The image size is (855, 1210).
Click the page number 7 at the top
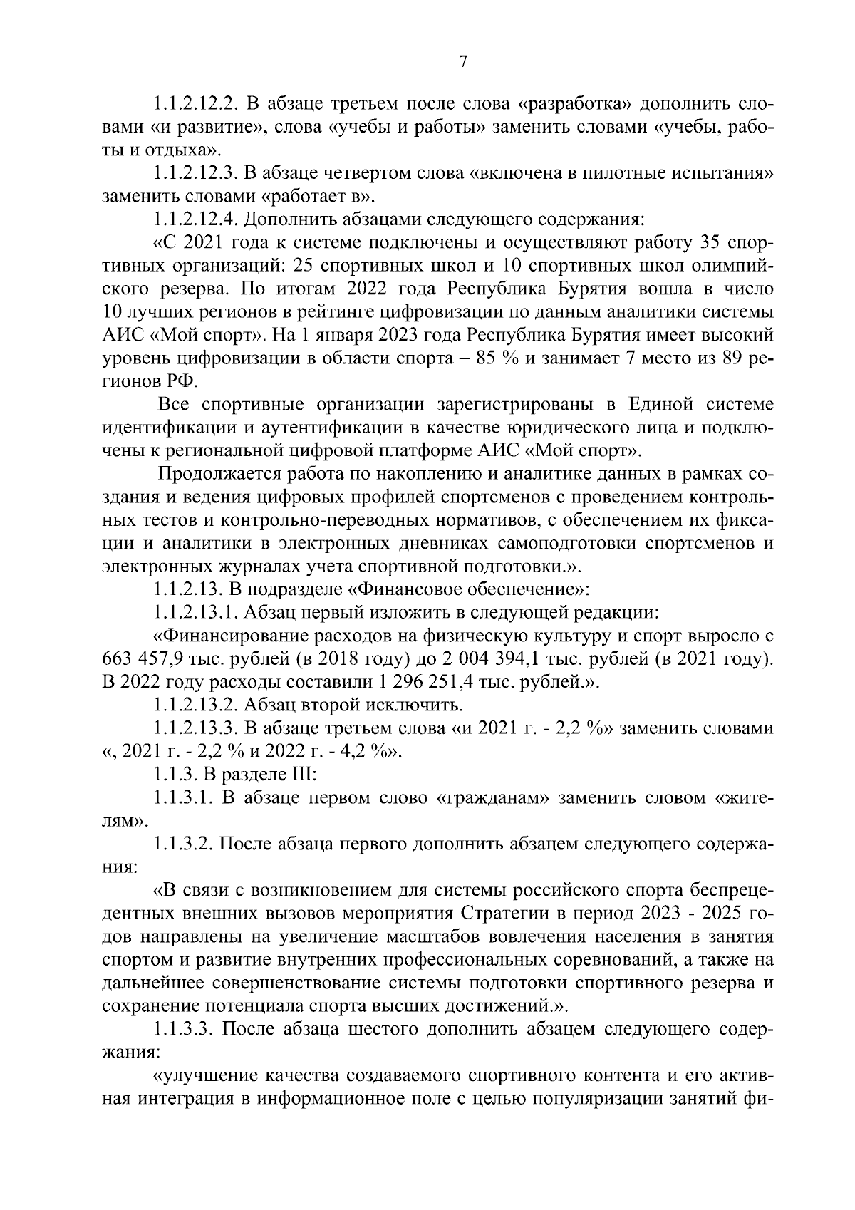click(462, 62)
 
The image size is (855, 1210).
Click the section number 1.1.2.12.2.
click(195, 103)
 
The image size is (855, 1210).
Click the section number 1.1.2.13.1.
click(195, 611)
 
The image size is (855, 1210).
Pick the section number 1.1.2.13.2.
click(195, 705)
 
